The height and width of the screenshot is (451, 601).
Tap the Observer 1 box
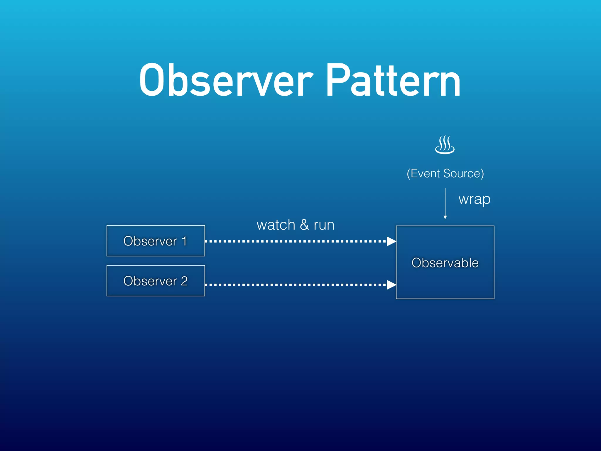point(156,241)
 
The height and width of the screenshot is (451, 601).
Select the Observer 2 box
point(156,281)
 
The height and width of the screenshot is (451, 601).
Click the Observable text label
point(445,262)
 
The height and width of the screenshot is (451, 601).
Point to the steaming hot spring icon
point(445,145)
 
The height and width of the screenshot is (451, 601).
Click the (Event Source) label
point(445,173)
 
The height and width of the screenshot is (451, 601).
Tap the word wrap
point(474,199)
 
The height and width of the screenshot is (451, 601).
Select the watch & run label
point(296,225)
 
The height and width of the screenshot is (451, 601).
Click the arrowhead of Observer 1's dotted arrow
point(391,241)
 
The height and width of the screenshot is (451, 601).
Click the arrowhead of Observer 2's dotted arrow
point(391,285)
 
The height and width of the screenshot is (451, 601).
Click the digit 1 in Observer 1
point(184,241)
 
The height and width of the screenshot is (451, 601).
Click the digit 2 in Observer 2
point(184,281)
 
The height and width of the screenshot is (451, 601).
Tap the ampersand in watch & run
point(304,225)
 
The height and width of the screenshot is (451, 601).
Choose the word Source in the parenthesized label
point(462,173)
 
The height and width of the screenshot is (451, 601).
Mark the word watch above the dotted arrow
point(276,225)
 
